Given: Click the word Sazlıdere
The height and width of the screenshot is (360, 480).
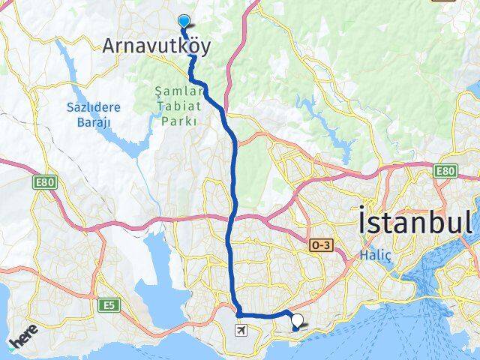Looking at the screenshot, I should [x=96, y=107].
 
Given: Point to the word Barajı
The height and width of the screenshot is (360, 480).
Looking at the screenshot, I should [x=96, y=121].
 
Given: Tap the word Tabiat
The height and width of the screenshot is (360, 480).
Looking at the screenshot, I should [x=178, y=106].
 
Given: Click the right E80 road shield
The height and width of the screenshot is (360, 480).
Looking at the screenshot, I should [x=445, y=172].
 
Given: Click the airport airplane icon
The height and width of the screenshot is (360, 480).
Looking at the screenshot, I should [x=241, y=330].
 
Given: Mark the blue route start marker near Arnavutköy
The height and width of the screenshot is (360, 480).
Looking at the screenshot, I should [x=184, y=22].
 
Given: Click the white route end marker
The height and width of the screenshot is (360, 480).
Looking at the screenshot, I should [x=298, y=322].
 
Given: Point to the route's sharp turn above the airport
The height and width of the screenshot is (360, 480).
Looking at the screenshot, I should [x=238, y=312].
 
